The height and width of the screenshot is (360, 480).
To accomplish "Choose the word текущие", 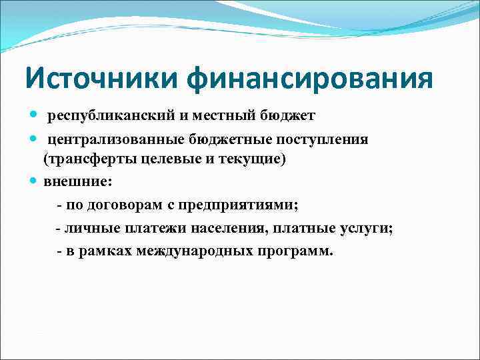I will (247, 160).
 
